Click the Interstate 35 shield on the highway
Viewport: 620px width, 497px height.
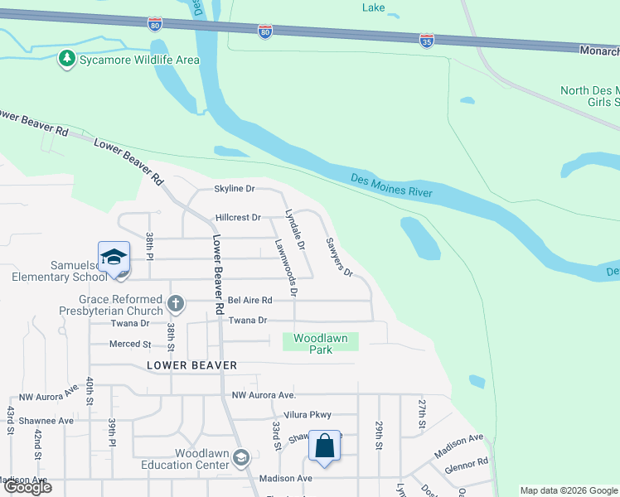click(425, 41)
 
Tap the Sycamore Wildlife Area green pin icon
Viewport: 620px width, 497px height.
click(66, 60)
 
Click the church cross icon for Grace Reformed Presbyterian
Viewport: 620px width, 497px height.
click(175, 305)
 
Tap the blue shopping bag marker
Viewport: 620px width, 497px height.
click(325, 446)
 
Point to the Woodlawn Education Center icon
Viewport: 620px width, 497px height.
click(240, 458)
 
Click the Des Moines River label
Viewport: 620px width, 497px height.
click(391, 185)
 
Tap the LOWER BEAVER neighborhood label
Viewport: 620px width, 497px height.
click(192, 365)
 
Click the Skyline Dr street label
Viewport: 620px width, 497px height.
click(235, 189)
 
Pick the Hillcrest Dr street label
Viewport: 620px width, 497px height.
click(238, 218)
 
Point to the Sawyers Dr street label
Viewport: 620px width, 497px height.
click(339, 256)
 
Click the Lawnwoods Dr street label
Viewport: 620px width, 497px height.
click(286, 268)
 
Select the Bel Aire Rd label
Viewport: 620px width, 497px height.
click(249, 300)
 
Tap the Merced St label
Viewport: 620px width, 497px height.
click(130, 344)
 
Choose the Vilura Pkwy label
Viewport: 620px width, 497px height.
click(306, 415)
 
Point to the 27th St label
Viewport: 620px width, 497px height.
click(421, 413)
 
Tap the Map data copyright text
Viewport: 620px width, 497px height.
click(568, 490)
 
